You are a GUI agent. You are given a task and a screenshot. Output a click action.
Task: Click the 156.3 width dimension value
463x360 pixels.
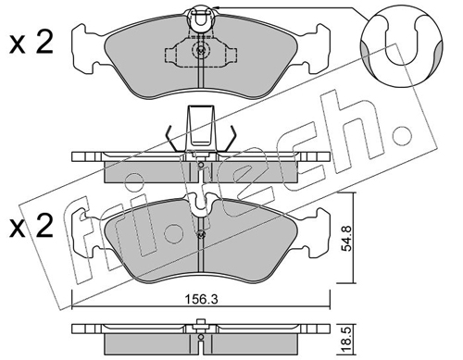point(201,299)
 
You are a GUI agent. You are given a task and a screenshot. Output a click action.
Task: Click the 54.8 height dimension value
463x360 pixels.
point(347,239)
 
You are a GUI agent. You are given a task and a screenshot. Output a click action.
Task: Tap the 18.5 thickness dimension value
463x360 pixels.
point(347,341)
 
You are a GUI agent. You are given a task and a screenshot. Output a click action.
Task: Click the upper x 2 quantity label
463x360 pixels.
point(31,43)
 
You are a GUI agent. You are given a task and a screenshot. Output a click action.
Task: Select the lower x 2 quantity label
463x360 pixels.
point(31,226)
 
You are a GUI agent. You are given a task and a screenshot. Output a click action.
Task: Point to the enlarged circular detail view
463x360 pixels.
point(402,44)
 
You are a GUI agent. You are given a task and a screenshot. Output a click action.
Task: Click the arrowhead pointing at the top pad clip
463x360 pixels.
point(217,7)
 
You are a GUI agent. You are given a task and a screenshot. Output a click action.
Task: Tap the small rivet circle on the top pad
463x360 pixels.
point(201,49)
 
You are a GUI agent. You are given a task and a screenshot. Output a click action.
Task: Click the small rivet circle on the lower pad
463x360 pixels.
point(201,234)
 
